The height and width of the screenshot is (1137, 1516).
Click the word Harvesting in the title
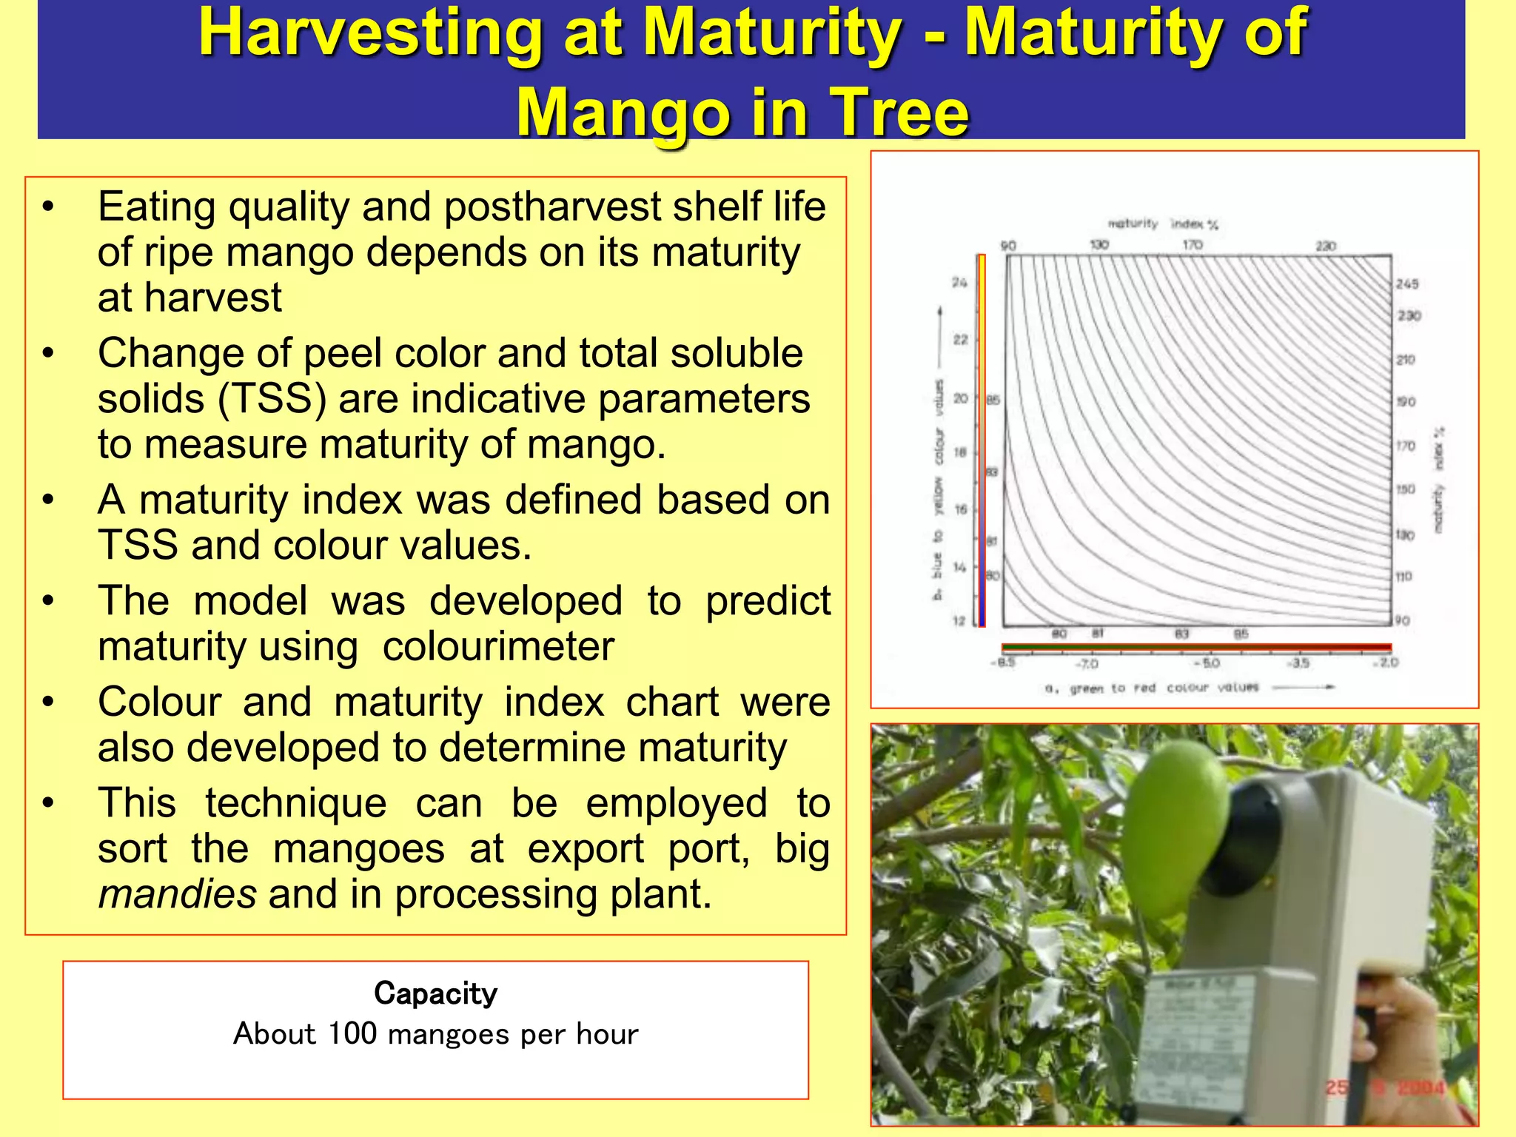[371, 33]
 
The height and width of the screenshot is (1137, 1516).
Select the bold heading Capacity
[435, 993]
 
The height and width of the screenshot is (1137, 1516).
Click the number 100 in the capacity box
[352, 1033]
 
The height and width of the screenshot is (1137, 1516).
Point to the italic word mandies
[177, 893]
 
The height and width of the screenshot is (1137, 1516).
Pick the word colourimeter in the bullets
[497, 646]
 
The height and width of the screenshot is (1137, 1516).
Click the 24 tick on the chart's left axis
[959, 283]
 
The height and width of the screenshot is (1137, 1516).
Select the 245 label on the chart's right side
[1406, 284]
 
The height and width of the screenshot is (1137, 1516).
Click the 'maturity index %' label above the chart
[1162, 224]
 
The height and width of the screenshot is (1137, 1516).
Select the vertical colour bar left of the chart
[982, 441]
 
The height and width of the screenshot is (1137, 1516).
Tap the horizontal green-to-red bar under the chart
[1195, 647]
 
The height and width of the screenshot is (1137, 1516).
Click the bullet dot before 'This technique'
[48, 803]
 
